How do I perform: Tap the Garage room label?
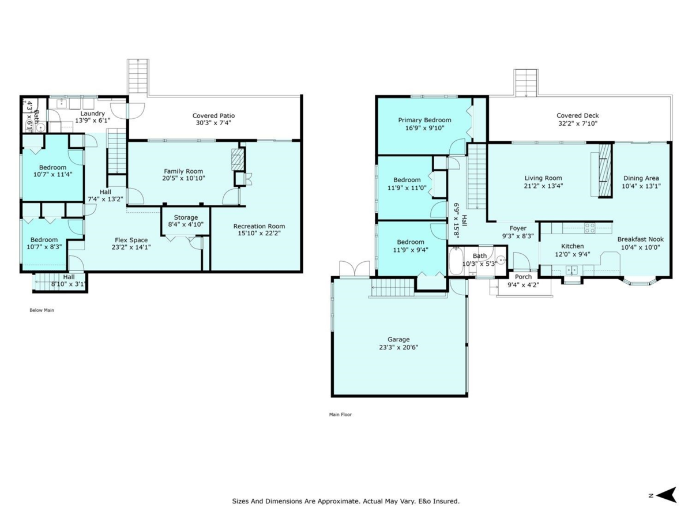coord(398,340)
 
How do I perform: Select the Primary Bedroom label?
coord(424,120)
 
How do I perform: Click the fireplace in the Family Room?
coord(238,160)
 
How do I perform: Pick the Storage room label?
coord(186,217)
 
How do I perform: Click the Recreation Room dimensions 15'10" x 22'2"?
coord(259,234)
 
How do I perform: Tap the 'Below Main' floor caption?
coord(42,310)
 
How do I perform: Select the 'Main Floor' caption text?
coord(340,415)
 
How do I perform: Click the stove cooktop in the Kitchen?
coord(590,228)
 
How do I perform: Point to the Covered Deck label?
coord(578,116)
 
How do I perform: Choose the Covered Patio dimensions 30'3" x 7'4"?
coord(213,123)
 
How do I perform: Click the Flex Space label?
coord(131,240)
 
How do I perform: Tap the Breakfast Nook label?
coord(640,239)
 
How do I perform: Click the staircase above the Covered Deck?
coord(525,83)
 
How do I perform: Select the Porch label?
coord(524,277)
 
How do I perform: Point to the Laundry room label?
coord(92,114)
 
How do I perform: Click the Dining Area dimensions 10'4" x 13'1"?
coord(641,186)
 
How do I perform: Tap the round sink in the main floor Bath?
coord(501,260)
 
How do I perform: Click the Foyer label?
coord(518,228)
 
